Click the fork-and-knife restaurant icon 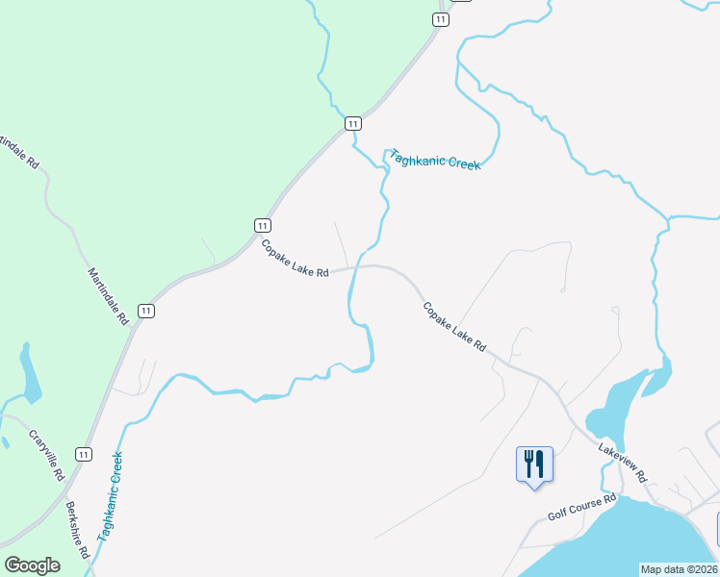point(534,464)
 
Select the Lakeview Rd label point(622,463)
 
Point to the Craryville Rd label point(46,454)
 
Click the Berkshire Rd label point(77,530)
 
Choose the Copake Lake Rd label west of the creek point(295,259)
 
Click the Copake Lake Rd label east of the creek point(454,326)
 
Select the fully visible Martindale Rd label point(108,295)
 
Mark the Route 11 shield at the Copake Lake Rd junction point(262,224)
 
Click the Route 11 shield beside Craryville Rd point(85,454)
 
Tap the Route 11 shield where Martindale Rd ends point(145,310)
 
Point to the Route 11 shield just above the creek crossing point(353,123)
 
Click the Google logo point(32,565)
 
